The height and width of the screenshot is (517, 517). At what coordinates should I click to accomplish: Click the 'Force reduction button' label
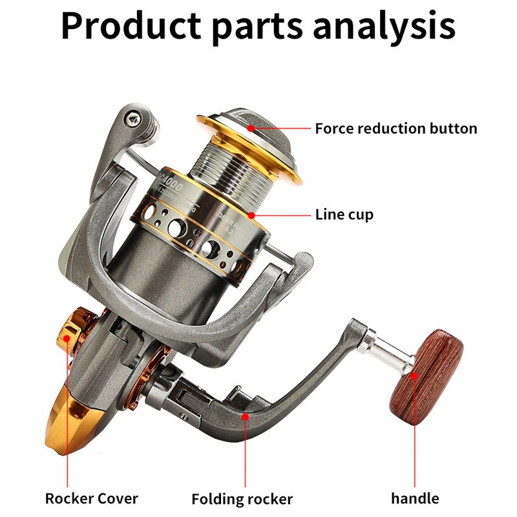[x=396, y=129]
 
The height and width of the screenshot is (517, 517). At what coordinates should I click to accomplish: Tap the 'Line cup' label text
[x=344, y=215]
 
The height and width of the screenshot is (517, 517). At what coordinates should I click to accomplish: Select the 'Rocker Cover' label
[x=92, y=498]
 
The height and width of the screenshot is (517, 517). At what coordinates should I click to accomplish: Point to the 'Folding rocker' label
[x=242, y=499]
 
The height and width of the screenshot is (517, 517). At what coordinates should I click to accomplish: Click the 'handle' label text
[x=415, y=498]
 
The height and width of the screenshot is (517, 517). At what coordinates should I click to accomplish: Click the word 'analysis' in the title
[x=384, y=26]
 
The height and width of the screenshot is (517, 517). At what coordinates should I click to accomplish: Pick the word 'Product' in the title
[x=131, y=26]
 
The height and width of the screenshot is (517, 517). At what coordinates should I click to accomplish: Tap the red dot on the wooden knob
[x=414, y=376]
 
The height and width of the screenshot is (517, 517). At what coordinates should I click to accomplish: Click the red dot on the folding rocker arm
[x=245, y=416]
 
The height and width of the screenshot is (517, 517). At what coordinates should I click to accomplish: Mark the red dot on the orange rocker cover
[x=67, y=338]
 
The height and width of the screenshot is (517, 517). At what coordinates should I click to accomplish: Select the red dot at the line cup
[x=251, y=215]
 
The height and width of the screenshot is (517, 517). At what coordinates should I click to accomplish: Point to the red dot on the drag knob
[x=251, y=128]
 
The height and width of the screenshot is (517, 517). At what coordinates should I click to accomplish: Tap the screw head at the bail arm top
[x=134, y=118]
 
